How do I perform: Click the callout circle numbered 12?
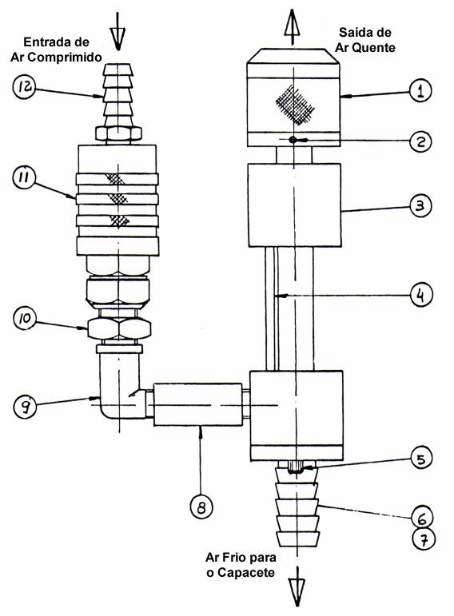[x=24, y=87]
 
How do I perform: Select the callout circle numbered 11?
[x=24, y=177]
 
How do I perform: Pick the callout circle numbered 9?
[x=25, y=407]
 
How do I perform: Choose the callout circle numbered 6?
[x=422, y=519]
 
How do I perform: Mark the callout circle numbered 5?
[x=421, y=459]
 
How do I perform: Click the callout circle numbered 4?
[x=420, y=295]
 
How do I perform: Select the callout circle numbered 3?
[x=420, y=205]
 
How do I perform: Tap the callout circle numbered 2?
[x=420, y=141]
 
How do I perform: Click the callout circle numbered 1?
[x=420, y=91]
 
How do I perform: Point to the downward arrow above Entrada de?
[x=117, y=31]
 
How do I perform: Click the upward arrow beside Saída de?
[x=292, y=26]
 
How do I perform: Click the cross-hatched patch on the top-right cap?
[x=295, y=105]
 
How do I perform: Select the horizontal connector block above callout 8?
[x=197, y=404]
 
